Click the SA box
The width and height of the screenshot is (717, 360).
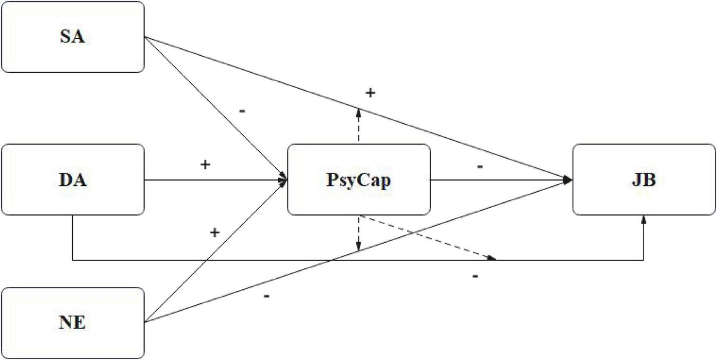[x=73, y=37]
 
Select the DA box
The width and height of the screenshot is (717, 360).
[x=73, y=179]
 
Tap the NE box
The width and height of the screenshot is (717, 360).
[x=73, y=322]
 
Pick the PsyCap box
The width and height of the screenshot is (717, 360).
[x=358, y=179]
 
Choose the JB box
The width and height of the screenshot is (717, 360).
[x=644, y=179]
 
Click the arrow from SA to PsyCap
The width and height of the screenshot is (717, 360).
[x=212, y=106]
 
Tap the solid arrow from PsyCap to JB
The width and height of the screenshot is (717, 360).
[x=499, y=180]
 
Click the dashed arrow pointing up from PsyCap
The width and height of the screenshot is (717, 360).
[x=358, y=125]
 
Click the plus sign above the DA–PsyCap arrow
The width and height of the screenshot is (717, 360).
[x=204, y=165]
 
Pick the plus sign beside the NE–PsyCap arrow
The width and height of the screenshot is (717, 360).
[x=215, y=232]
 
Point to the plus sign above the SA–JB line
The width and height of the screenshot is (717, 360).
[x=370, y=93]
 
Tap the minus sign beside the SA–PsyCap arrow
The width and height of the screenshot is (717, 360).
[x=242, y=112]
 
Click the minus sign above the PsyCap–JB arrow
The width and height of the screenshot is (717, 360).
[x=479, y=167]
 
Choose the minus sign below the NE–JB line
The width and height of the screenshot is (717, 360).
[x=266, y=295]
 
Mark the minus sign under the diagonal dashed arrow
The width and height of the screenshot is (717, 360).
[x=475, y=276]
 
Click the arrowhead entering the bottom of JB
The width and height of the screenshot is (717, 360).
[x=644, y=219]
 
